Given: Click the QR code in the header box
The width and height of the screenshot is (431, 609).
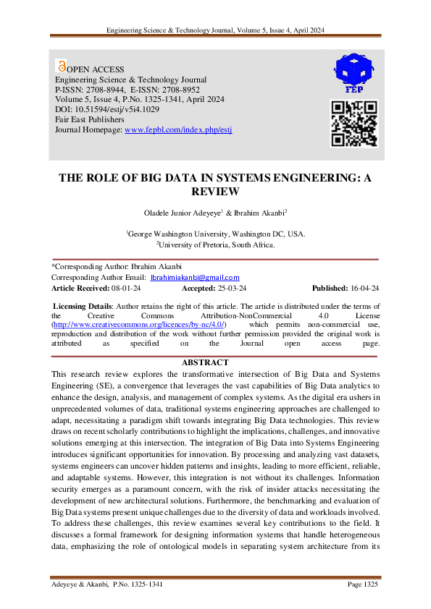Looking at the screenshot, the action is [354, 124].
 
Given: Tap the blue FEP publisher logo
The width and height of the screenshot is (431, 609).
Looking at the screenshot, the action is [354, 72].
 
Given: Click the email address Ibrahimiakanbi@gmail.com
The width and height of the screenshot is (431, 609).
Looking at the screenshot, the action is [195, 278].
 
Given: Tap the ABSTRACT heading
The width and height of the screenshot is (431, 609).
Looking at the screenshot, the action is [214, 362].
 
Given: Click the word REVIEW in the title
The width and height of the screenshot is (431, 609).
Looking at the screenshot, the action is [214, 192].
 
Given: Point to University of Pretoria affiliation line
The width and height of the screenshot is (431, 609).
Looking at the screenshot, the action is [215, 245].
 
